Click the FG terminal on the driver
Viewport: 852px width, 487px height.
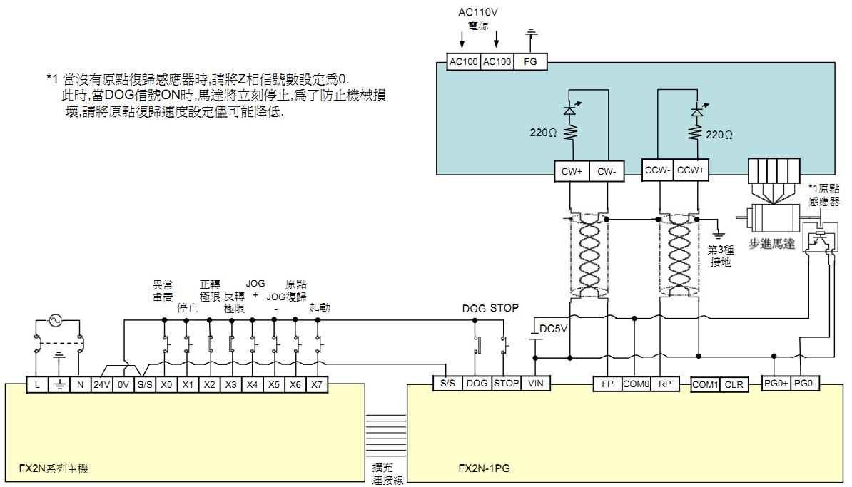530,62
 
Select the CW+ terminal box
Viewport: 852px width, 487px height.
572,170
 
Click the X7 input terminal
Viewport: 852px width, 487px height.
317,384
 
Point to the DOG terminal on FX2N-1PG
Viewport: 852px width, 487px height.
477,384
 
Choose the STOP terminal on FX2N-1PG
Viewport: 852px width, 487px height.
507,384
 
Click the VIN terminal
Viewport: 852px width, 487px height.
536,384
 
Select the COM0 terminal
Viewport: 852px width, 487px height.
637,384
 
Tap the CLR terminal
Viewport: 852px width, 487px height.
734,384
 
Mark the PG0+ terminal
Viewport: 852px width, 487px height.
776,384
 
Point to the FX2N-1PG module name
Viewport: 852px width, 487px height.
484,468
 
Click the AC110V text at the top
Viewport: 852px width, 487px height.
478,13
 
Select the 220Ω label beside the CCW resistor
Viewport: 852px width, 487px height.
719,135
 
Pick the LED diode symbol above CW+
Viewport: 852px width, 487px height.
569,111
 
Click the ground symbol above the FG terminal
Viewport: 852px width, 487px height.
530,34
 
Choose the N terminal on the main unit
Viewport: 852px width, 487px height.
81,384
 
